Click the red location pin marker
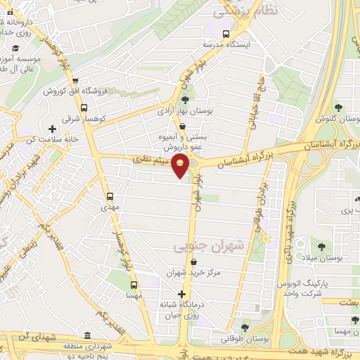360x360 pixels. (181, 167)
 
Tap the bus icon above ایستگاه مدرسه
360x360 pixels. (226, 33)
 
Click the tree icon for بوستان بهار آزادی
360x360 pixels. (186, 99)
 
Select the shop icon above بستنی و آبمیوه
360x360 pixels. (183, 127)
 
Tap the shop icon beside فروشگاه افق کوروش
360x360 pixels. (76, 80)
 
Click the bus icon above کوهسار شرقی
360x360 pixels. (84, 108)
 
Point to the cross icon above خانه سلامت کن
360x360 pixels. (51, 129)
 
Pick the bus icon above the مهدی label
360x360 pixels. (109, 196)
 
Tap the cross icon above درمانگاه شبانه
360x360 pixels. (182, 294)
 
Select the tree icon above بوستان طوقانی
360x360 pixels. (244, 327)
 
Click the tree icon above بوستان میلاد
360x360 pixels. (321, 247)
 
